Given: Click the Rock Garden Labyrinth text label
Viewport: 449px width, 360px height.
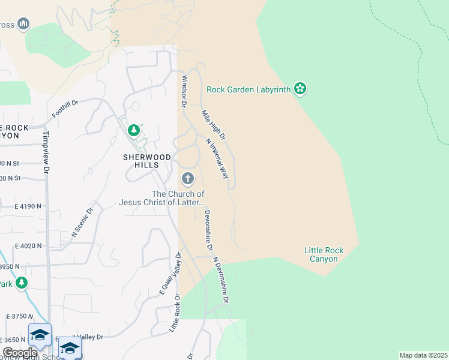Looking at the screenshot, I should pos(249,90).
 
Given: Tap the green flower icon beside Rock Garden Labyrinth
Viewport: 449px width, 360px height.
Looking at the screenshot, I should pos(300,89).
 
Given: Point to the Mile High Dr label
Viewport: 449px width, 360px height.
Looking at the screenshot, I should pos(213,125).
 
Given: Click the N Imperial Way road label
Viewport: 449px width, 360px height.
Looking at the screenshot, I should pos(217,160).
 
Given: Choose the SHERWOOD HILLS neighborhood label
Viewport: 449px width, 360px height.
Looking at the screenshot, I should pos(147,161).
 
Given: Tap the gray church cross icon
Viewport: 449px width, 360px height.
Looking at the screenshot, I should pos(187,178).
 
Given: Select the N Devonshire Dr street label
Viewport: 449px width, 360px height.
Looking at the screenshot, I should pos(221,280).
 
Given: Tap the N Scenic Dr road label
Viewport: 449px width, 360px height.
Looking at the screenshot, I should pos(83,223).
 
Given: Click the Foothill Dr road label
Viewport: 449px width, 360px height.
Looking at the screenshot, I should pos(65,109).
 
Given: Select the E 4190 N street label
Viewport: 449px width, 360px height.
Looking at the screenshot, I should pos(28,206).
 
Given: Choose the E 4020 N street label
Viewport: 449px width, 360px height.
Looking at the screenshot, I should pos(28,245).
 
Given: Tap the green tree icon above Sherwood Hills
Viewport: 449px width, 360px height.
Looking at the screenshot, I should pos(134,130).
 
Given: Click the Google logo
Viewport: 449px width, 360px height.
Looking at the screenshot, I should pos(20,353).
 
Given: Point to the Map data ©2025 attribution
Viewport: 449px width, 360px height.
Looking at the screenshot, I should pos(423,355).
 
